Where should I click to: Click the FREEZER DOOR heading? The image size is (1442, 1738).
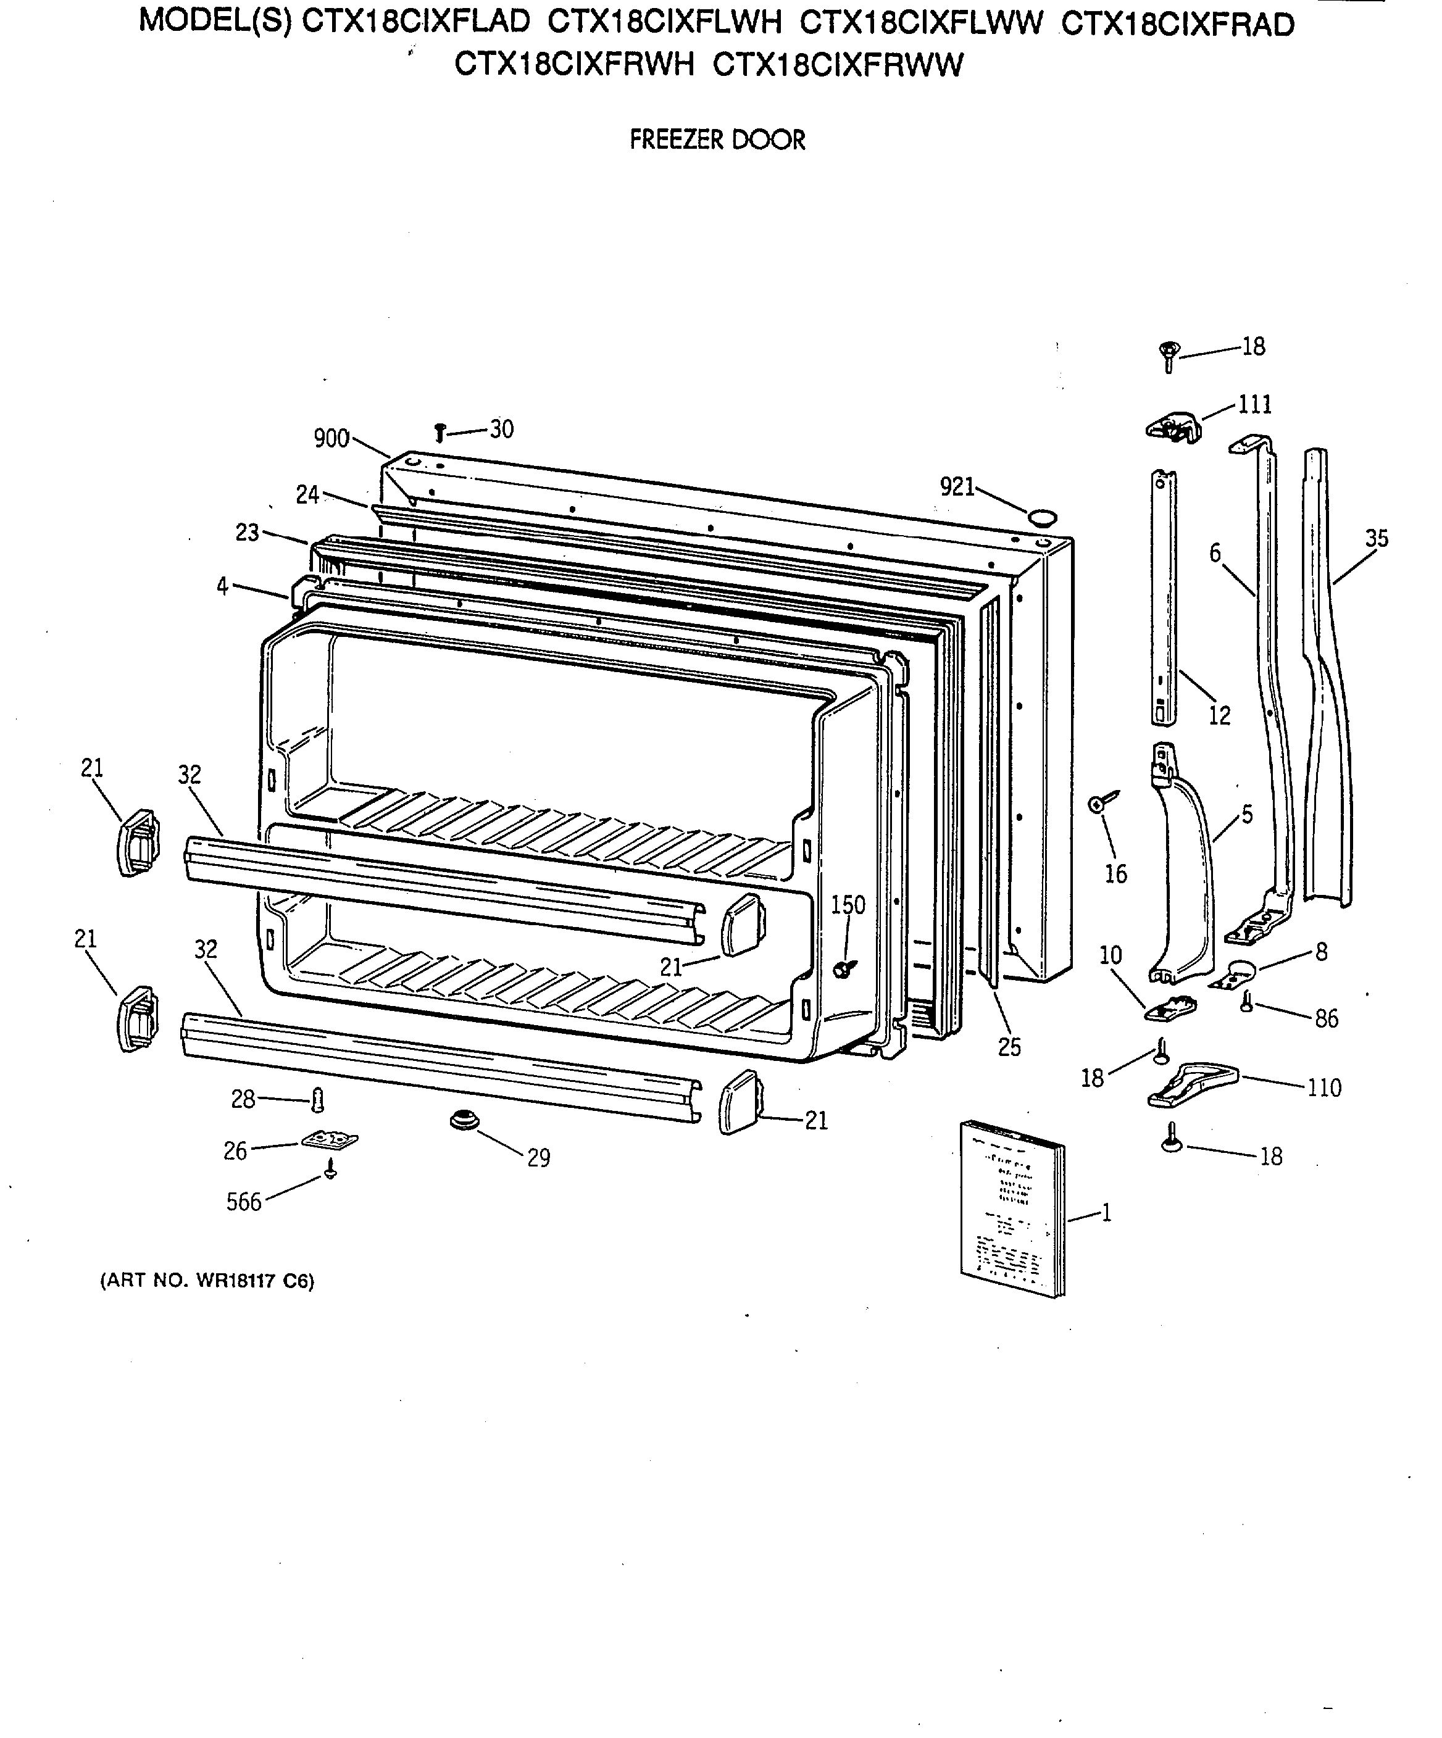[x=717, y=140]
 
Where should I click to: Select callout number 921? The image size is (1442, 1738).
[x=957, y=486]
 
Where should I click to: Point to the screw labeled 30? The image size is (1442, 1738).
[x=440, y=431]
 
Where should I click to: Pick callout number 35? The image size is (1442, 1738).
[x=1377, y=539]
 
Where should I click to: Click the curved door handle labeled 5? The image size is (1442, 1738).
[x=1182, y=869]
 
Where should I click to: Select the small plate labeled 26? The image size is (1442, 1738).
[x=330, y=1141]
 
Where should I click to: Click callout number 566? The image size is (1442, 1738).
[x=243, y=1202]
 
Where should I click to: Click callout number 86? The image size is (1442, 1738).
[x=1326, y=1019]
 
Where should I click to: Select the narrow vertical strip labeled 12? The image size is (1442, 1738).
[x=1162, y=596]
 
